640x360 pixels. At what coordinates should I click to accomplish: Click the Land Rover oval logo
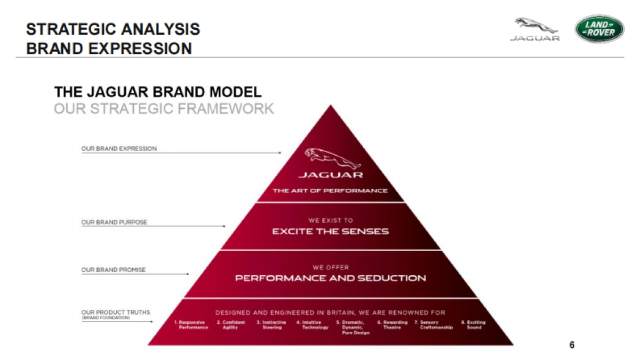599,29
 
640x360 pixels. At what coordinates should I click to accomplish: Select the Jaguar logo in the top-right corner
535,29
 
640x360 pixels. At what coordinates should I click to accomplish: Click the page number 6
572,345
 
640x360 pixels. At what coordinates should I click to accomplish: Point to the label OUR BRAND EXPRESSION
119,149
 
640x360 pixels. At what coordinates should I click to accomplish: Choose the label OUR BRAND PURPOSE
114,222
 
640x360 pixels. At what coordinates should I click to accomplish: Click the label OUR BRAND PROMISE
113,270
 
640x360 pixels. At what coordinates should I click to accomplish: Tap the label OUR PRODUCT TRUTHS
115,312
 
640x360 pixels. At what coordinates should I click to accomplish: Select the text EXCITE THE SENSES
330,231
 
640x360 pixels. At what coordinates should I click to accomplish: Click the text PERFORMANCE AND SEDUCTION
330,278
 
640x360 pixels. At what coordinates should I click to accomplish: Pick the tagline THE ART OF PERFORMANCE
330,190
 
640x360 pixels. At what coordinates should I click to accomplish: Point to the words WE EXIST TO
330,220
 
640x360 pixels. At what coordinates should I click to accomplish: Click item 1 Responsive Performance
191,325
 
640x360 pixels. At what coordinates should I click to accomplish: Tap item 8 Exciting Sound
474,325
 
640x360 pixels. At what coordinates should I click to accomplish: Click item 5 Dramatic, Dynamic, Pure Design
352,327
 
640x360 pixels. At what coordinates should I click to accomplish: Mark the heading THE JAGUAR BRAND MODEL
158,92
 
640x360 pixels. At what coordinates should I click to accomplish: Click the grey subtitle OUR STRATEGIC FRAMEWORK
164,109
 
